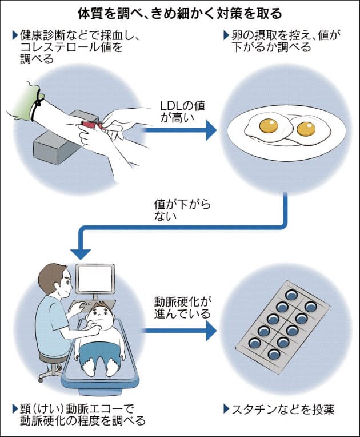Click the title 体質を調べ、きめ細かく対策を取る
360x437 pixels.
(x=180, y=12)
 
